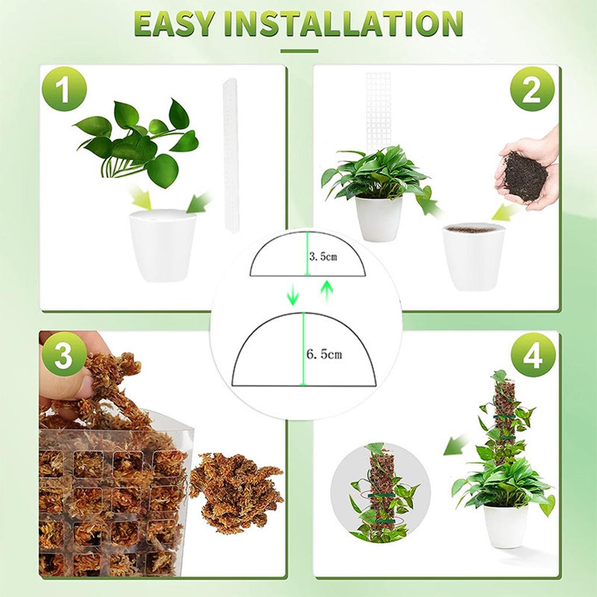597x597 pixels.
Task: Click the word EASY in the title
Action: (174, 23)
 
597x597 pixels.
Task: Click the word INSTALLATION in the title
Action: (343, 23)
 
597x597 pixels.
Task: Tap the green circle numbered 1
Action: (64, 89)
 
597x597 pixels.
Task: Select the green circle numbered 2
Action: (532, 89)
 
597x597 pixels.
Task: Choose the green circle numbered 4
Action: (533, 355)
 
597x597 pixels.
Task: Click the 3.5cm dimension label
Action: (323, 257)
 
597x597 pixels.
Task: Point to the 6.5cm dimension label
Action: (324, 354)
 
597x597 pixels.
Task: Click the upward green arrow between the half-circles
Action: (326, 292)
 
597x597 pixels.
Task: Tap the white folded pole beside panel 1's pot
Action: (231, 154)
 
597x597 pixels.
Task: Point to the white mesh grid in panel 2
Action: (378, 110)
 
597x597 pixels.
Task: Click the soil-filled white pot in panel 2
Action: (473, 257)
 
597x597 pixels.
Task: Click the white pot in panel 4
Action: (505, 525)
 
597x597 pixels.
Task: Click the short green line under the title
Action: (299, 51)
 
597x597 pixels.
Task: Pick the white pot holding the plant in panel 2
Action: (378, 219)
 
